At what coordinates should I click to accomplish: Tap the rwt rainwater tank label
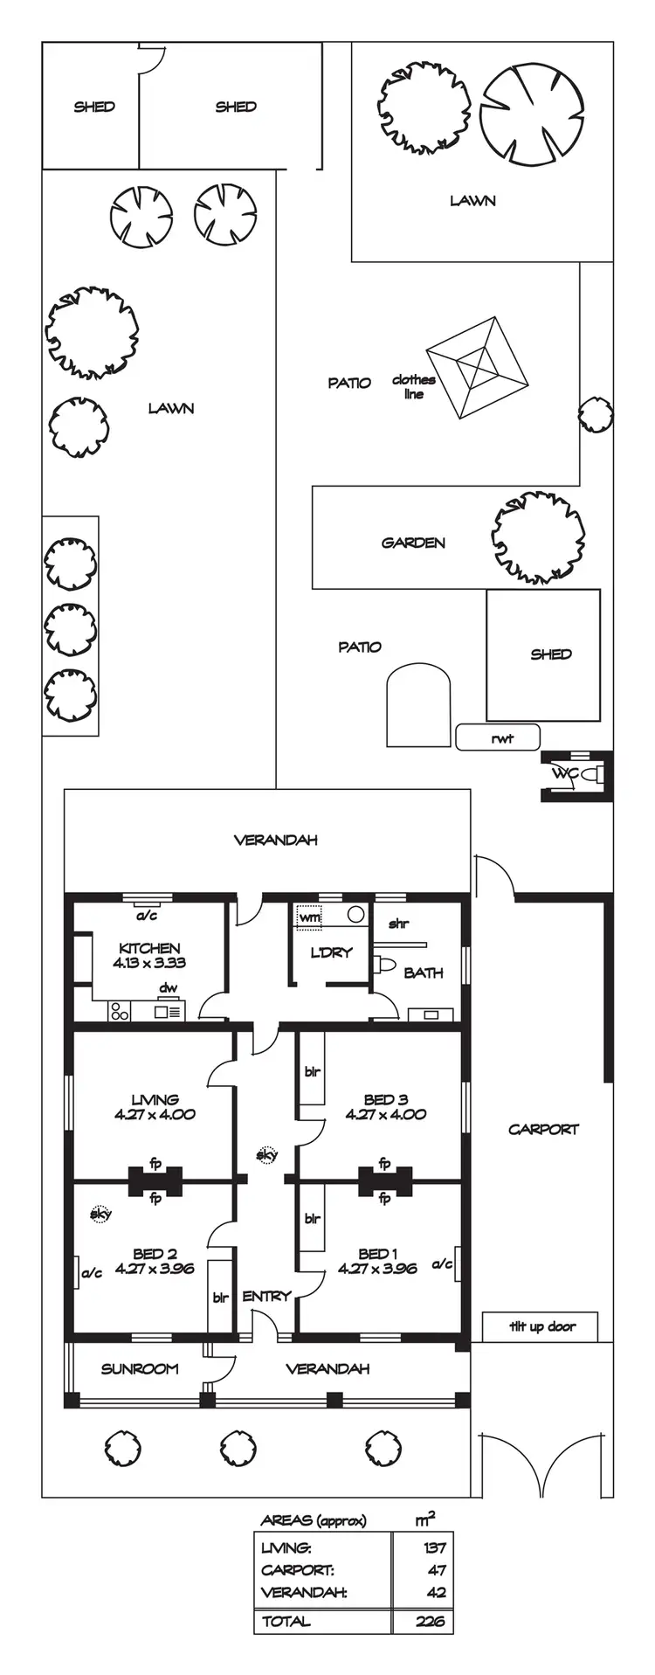click(x=501, y=738)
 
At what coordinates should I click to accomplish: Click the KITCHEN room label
click(x=149, y=948)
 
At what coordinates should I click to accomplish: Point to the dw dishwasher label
click(x=168, y=988)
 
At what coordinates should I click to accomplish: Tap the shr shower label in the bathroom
click(x=398, y=924)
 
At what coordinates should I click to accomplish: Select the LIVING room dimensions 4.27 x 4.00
click(x=155, y=1114)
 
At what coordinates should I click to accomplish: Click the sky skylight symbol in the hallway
click(x=266, y=1155)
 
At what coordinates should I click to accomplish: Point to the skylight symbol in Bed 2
click(x=100, y=1214)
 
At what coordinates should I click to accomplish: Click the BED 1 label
click(x=373, y=1253)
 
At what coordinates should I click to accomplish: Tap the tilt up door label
click(x=542, y=1326)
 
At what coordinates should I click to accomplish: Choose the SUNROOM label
click(x=140, y=1368)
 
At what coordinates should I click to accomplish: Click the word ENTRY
click(x=265, y=1296)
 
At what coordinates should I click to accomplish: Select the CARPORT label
click(x=543, y=1129)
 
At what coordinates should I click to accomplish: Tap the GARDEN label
click(x=413, y=543)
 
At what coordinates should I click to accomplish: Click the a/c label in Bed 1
click(x=442, y=1263)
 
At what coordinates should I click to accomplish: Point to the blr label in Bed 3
click(x=312, y=1071)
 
